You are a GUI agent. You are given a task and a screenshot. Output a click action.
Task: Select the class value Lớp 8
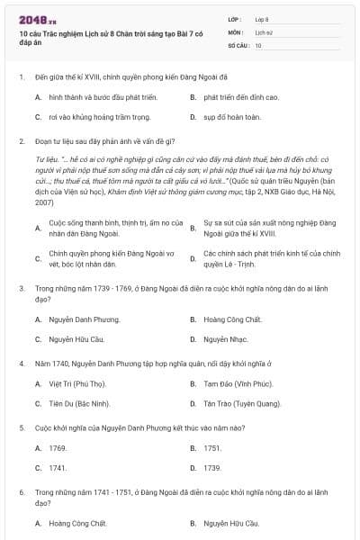pyautogui.click(x=262, y=18)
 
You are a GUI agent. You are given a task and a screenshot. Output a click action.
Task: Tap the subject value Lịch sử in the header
pyautogui.click(x=262, y=31)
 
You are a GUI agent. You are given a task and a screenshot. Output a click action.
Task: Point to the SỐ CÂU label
pyautogui.click(x=238, y=44)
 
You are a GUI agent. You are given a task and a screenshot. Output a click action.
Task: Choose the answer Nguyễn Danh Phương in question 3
pyautogui.click(x=80, y=319)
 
